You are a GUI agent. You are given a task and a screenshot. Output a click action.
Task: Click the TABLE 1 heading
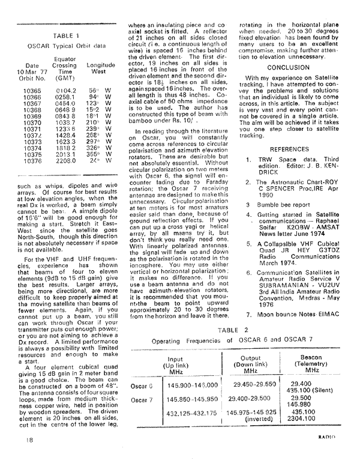pyautogui.click(x=62, y=35)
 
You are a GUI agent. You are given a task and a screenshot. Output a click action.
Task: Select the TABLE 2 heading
pyautogui.click(x=230, y=330)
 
